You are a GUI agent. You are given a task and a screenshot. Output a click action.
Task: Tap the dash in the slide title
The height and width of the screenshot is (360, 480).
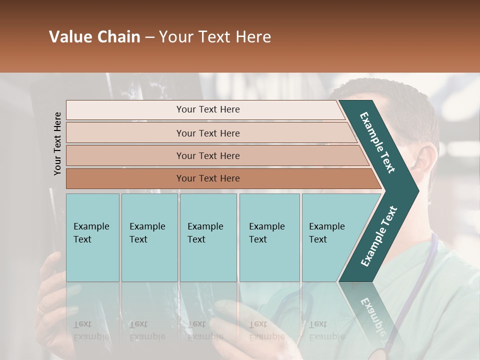click(x=149, y=37)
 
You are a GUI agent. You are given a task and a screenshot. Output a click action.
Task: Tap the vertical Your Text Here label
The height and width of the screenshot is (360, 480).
click(x=57, y=143)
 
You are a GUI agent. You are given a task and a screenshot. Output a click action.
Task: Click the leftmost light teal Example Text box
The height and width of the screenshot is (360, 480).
click(x=92, y=237)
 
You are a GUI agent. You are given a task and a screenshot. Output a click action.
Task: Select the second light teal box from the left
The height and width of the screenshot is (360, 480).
click(x=149, y=237)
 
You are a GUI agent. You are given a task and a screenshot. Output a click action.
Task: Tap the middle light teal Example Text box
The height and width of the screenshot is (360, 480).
click(x=208, y=237)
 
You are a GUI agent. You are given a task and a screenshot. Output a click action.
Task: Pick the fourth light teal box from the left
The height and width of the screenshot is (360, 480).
click(x=269, y=237)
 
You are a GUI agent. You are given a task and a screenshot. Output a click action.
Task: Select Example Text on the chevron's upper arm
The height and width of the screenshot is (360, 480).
click(x=377, y=142)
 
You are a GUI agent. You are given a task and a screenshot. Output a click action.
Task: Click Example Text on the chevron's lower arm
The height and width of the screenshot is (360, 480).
click(x=379, y=236)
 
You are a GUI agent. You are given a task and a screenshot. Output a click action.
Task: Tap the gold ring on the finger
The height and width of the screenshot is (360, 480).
click(x=40, y=309)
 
